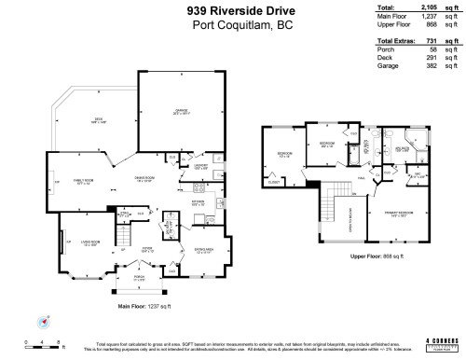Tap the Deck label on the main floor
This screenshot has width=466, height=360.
97,119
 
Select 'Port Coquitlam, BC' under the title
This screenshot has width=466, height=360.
233,25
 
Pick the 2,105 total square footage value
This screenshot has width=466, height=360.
438,7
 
